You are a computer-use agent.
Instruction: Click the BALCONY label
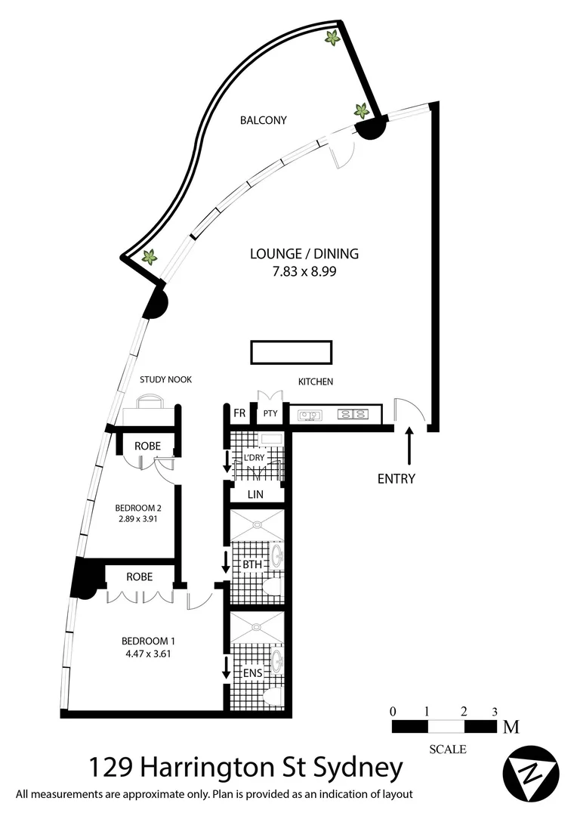click(263, 120)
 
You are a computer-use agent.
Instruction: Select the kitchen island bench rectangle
click(291, 352)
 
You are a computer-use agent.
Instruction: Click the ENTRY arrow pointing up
click(409, 446)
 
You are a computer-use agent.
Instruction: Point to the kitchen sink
click(310, 414)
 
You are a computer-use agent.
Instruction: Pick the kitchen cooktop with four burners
click(353, 414)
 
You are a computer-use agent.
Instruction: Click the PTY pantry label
click(270, 414)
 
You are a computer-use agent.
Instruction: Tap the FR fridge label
click(239, 414)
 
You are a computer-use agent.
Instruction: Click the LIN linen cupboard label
click(255, 494)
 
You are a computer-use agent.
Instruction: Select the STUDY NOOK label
click(165, 380)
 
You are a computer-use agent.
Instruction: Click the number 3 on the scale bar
click(494, 711)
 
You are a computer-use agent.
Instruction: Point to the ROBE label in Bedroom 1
click(140, 576)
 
